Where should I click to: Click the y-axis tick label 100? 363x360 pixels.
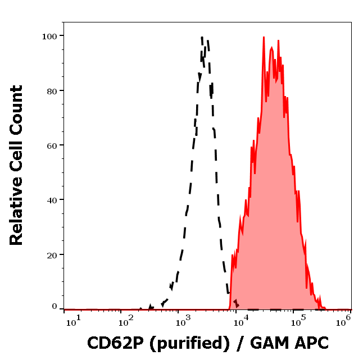click(x=49, y=36)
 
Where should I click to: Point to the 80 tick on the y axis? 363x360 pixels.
click(x=52, y=90)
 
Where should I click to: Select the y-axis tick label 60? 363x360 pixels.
click(x=52, y=145)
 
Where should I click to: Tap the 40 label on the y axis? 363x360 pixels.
click(x=52, y=200)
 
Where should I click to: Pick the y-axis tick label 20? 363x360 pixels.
click(x=52, y=254)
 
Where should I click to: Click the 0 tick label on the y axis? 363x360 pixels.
click(x=55, y=307)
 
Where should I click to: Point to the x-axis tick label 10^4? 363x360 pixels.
click(x=241, y=320)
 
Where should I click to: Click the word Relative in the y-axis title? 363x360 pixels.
click(x=17, y=215)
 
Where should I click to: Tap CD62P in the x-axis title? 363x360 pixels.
click(x=113, y=342)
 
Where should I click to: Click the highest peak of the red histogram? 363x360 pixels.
click(x=263, y=38)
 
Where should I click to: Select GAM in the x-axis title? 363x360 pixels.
click(x=267, y=342)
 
